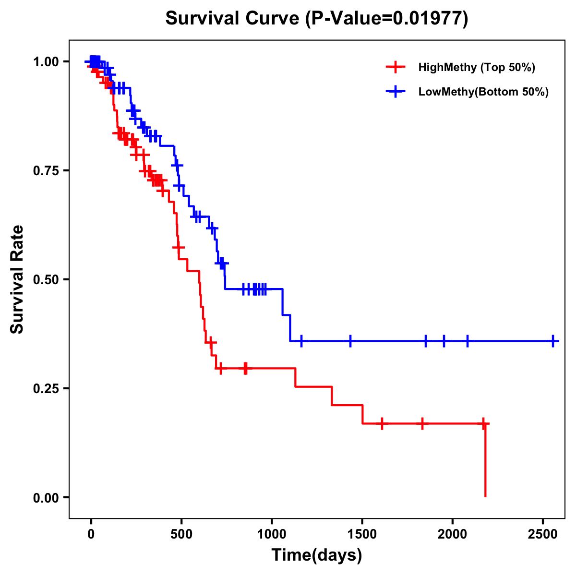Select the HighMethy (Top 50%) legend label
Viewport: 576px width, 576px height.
click(x=476, y=67)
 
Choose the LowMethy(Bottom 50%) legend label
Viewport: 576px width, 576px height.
click(x=483, y=92)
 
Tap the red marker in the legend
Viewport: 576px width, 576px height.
click(x=395, y=67)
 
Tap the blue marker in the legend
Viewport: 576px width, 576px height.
click(x=395, y=92)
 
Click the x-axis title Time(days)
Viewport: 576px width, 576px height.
click(x=317, y=555)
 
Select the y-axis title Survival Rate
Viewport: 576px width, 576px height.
click(x=17, y=279)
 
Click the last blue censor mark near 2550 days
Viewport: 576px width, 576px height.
click(x=553, y=341)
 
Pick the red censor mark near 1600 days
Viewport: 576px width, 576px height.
click(x=382, y=423)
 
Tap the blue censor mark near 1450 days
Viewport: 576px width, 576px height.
click(x=350, y=341)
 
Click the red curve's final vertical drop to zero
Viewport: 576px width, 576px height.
click(x=485, y=461)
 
